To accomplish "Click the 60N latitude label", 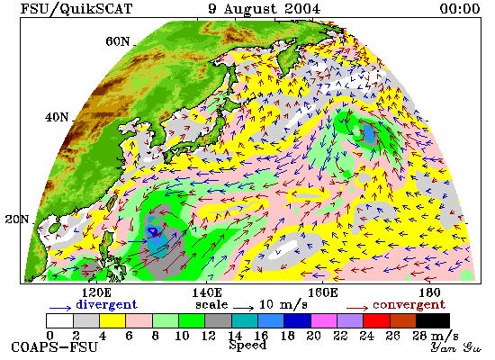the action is click(117, 41).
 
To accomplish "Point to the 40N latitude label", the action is click(57, 118).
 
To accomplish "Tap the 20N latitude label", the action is click(17, 220).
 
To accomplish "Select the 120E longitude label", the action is click(95, 292).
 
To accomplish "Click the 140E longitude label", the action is click(207, 292).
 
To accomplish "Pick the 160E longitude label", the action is click(322, 292).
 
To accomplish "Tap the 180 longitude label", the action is click(429, 292).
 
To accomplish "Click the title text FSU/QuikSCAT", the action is click(76, 8).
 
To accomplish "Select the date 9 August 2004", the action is click(264, 9).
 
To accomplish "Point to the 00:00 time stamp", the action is click(460, 8).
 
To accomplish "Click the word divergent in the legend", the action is click(107, 304).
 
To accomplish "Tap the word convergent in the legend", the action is click(409, 305).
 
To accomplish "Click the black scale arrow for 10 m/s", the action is click(243, 308).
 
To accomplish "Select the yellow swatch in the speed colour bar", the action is click(112, 320).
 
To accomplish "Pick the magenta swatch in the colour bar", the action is click(324, 320).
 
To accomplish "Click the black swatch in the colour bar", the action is click(433, 320).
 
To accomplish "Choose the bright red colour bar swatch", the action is click(376, 320).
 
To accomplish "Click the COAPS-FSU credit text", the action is click(54, 347).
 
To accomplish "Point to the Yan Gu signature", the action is click(455, 347).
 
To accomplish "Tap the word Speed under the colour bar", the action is click(247, 346).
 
